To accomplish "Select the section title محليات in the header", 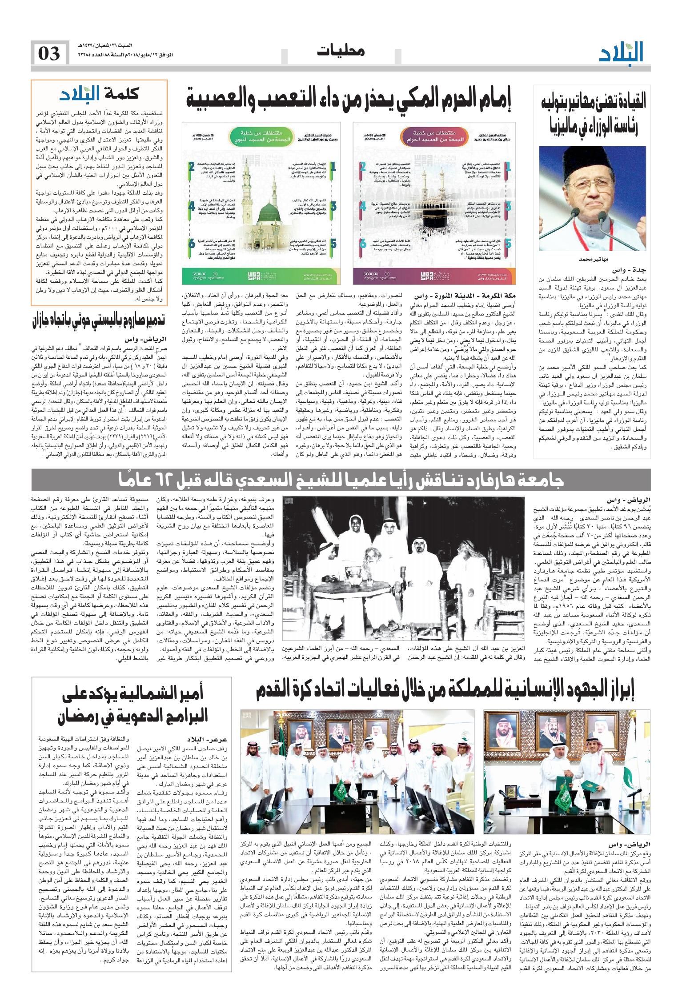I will tap(341, 51).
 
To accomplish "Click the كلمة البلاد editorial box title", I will tap(100, 94).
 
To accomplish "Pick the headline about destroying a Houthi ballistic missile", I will tap(99, 321).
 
